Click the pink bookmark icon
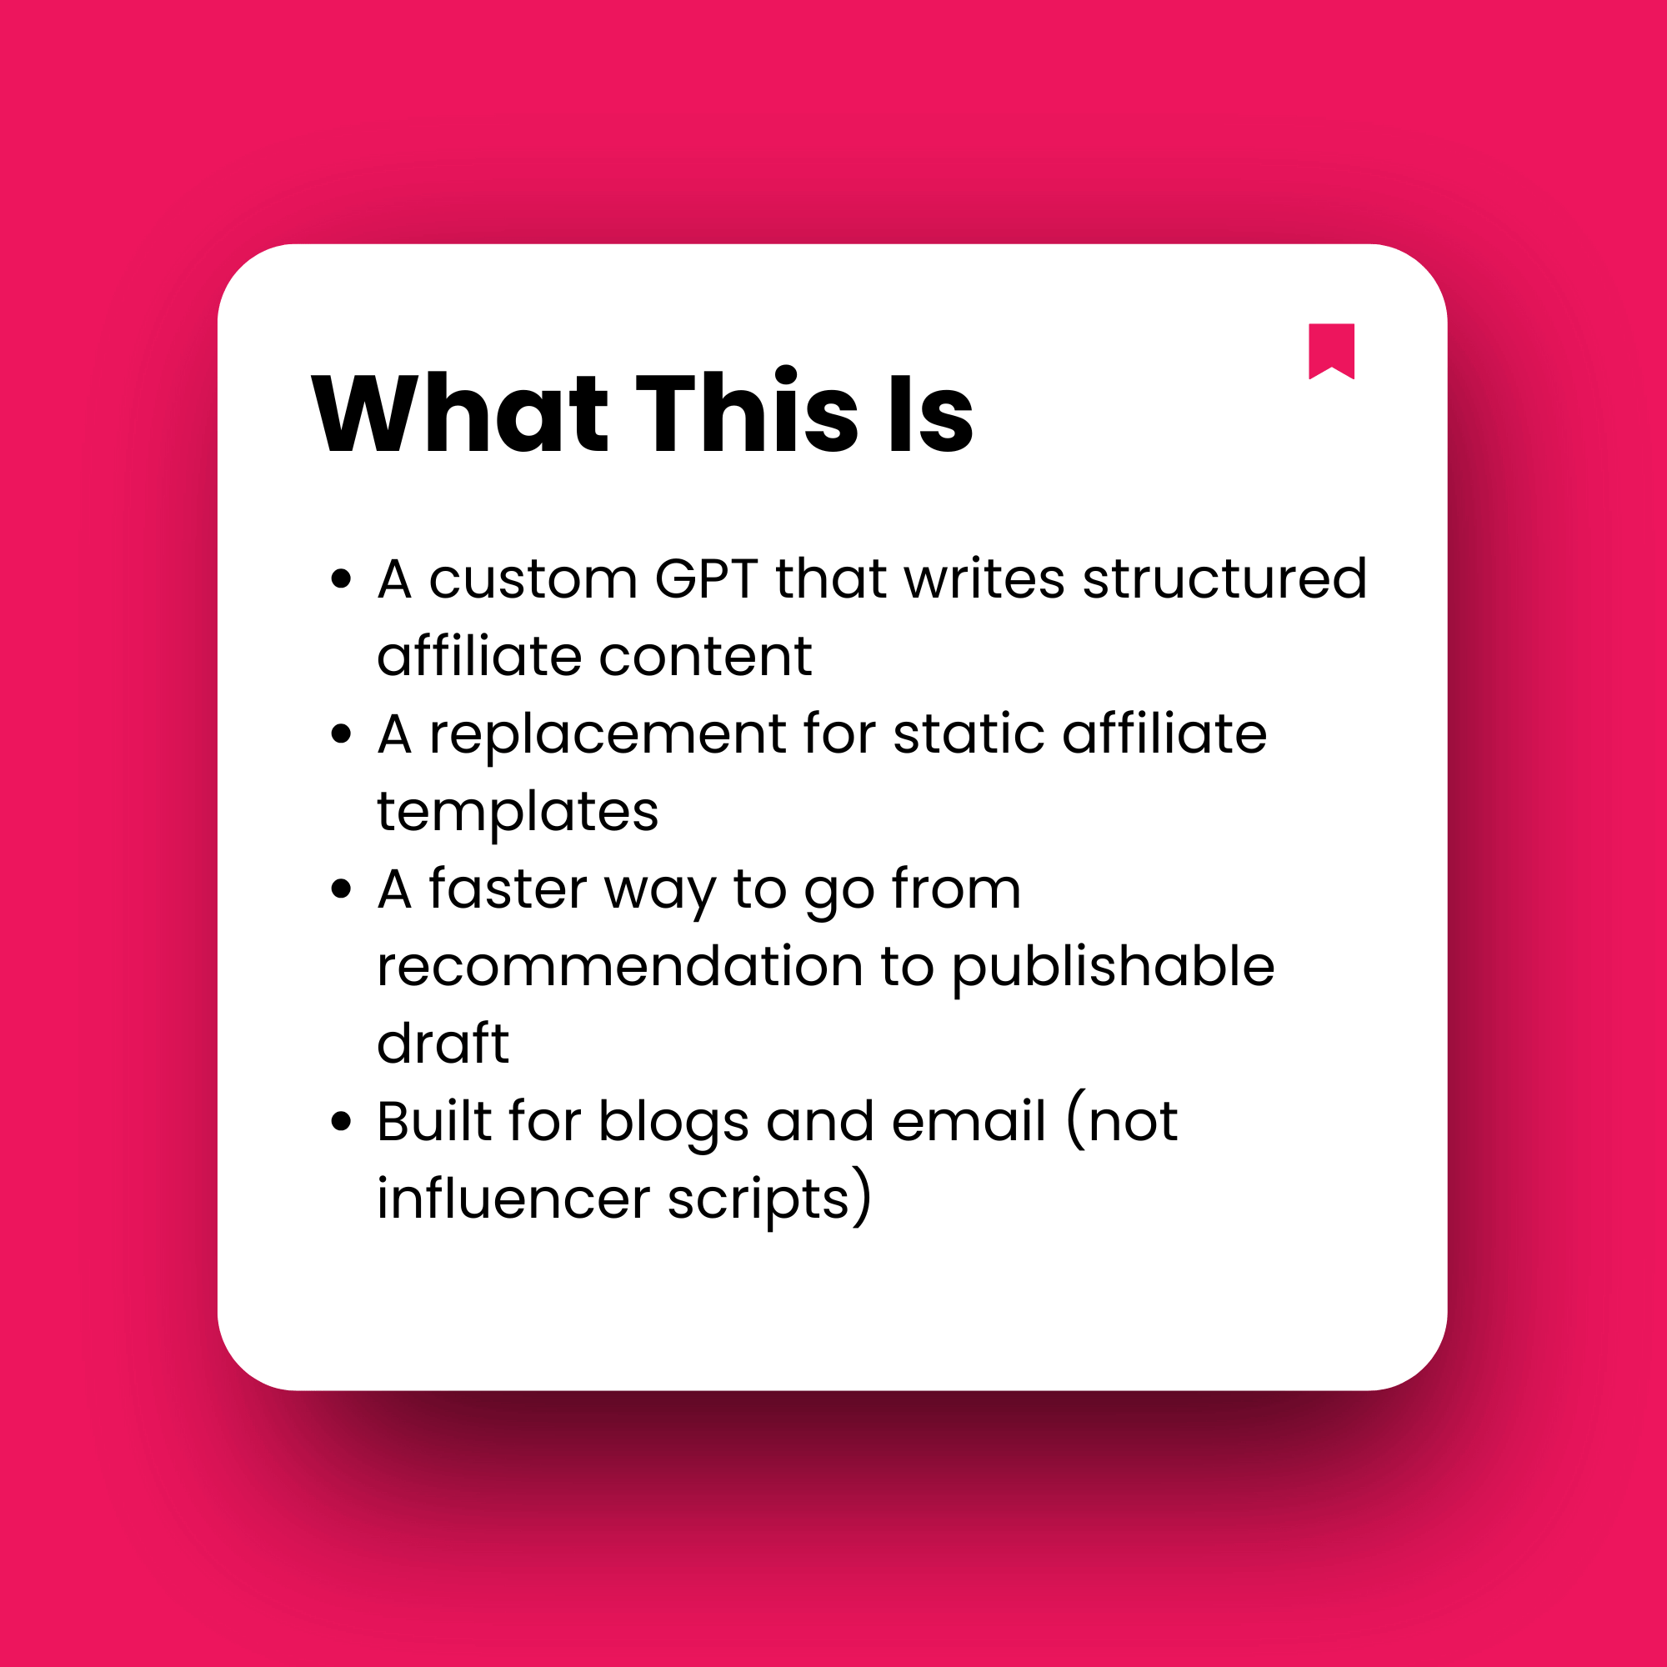tap(1331, 349)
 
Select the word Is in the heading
tap(930, 413)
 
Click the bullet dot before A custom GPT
tap(342, 579)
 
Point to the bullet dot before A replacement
tap(342, 734)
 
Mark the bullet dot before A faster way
tap(342, 889)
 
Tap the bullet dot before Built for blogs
tap(342, 1122)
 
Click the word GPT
tap(706, 579)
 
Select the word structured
tap(1224, 579)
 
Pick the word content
tap(705, 658)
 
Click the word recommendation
tap(619, 967)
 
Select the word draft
tap(443, 1045)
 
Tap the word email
tap(969, 1122)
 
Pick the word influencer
tap(513, 1199)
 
